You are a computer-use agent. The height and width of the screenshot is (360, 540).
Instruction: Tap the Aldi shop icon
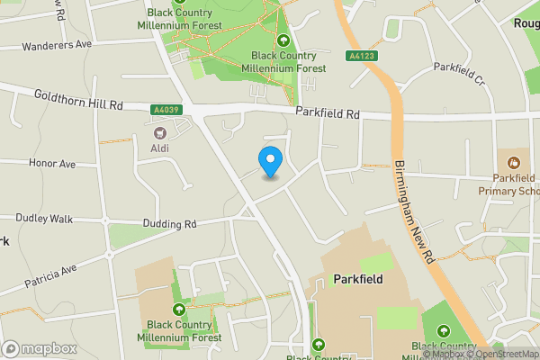158,134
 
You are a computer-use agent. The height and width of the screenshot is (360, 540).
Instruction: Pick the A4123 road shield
361,57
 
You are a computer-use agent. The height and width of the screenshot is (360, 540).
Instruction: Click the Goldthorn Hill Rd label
78,100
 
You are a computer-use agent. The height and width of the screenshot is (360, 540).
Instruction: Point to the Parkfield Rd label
328,114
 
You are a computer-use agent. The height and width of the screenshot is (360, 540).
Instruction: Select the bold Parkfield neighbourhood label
357,279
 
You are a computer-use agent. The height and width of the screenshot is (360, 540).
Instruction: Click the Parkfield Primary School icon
514,163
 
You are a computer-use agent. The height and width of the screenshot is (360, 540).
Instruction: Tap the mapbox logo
39,348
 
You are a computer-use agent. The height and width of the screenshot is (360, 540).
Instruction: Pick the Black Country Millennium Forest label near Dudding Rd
184,330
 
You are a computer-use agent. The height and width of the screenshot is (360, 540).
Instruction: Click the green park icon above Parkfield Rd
284,40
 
